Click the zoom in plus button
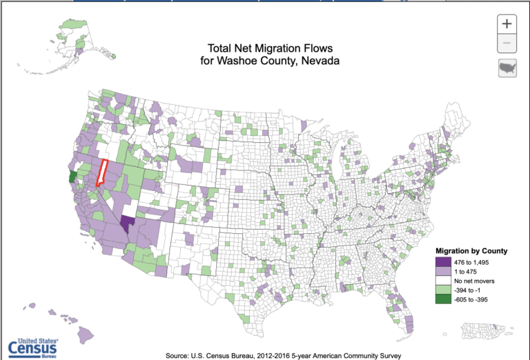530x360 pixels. [x=507, y=23]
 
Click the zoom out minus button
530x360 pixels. [x=507, y=43]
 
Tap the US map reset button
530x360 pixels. [x=507, y=68]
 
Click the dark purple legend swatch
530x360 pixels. [x=442, y=262]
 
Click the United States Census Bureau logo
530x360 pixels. [x=34, y=347]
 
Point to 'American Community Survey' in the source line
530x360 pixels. [x=346, y=355]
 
